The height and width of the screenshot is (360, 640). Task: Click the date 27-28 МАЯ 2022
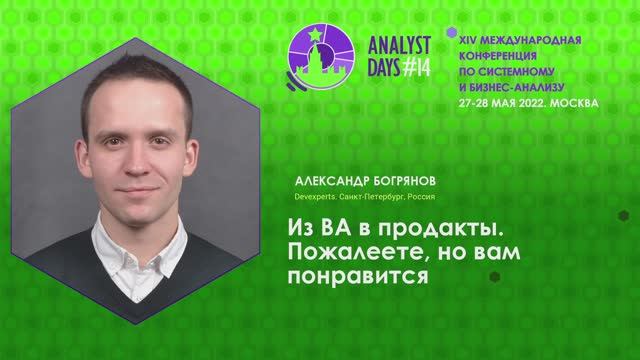(x=498, y=103)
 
